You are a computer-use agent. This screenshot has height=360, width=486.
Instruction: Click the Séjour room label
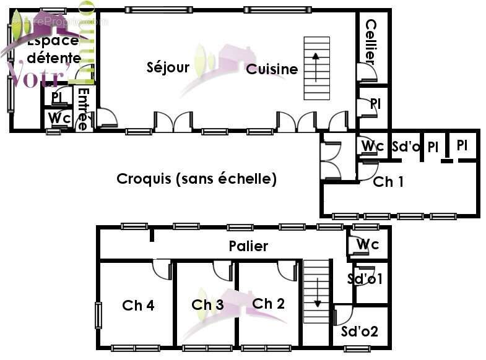168,67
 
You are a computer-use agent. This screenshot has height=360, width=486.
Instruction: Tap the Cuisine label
272,69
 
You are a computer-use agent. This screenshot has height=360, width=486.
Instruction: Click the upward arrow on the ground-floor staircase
316,67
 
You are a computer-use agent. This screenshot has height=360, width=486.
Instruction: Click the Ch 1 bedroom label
388,182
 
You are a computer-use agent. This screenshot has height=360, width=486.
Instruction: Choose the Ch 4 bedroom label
138,305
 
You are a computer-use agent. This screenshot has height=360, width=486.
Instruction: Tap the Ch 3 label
207,305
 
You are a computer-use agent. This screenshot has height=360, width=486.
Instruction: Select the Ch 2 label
269,304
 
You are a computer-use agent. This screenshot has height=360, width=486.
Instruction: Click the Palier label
248,246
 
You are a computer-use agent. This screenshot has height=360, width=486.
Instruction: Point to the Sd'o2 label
360,332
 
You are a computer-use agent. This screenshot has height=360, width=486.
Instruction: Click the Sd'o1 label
365,279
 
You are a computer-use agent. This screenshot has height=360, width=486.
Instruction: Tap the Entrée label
84,109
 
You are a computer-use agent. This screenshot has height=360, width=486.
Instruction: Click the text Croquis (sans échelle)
196,179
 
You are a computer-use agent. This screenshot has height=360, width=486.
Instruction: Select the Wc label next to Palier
368,244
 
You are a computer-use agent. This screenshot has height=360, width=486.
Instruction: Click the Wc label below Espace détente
59,117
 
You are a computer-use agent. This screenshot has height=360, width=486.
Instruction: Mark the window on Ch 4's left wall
98,315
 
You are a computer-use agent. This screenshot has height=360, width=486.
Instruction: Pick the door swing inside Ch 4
162,270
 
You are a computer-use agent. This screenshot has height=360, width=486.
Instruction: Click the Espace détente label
53,49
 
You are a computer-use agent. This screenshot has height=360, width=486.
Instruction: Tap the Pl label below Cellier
375,104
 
